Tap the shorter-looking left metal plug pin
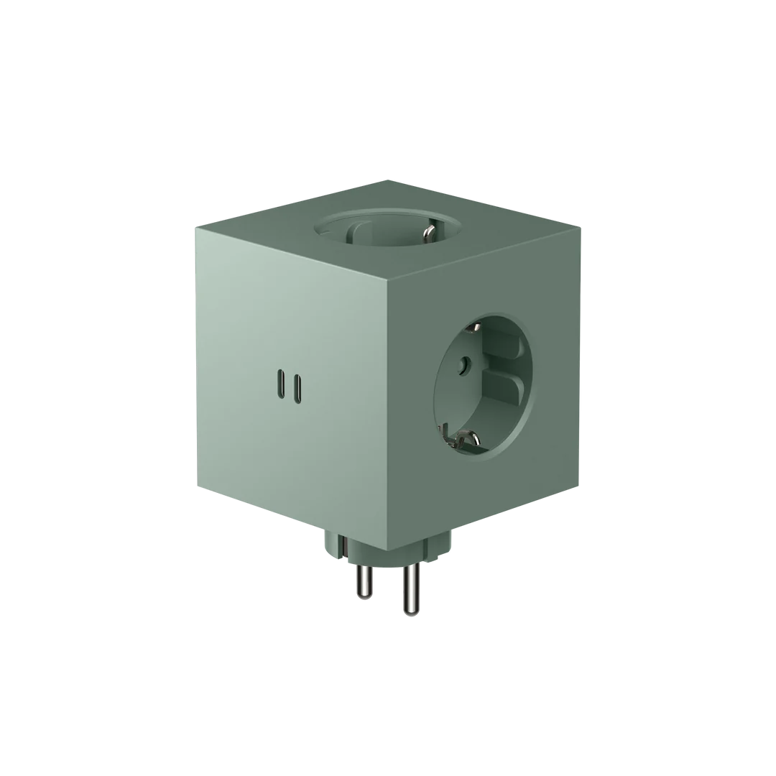361,580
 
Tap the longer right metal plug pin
410,589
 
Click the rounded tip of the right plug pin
410,612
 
